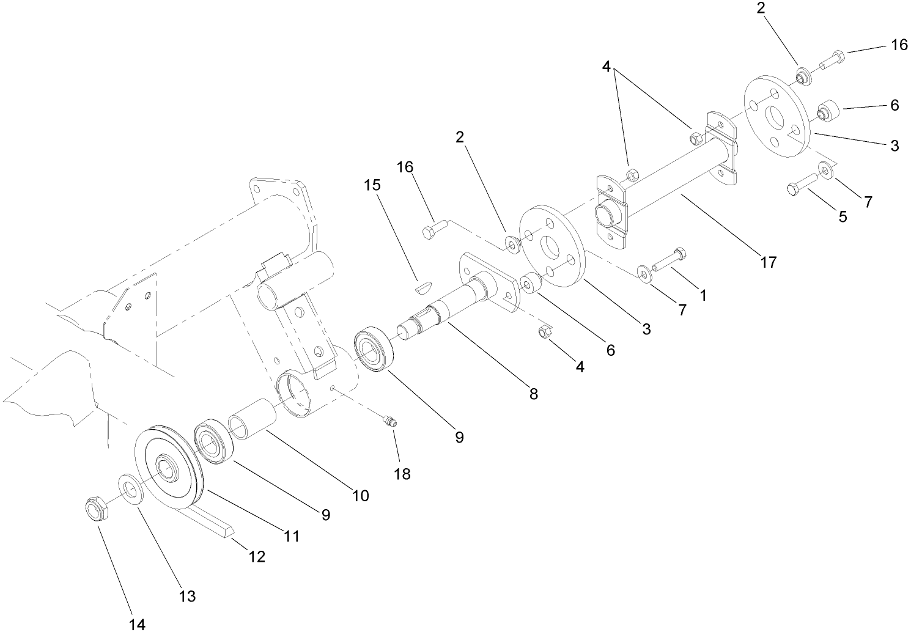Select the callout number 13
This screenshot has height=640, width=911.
[187, 595]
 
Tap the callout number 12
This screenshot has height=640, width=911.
[257, 556]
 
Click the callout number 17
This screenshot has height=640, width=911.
[769, 262]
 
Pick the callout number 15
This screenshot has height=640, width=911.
[372, 185]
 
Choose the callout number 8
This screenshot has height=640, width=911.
[534, 394]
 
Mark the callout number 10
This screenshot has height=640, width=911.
[361, 495]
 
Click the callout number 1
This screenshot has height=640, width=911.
[703, 295]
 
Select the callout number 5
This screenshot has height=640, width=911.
[843, 216]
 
